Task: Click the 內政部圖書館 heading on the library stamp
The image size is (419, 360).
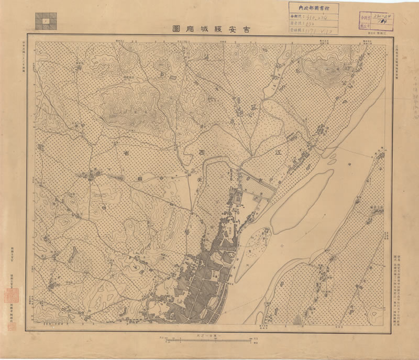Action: [313, 7]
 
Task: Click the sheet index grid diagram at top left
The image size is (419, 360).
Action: [46, 20]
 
